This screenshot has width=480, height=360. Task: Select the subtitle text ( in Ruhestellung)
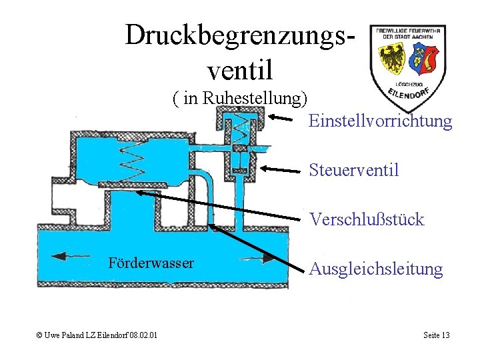click(239, 99)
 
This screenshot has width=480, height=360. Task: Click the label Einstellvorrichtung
click(381, 121)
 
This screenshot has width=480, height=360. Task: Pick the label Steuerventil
click(354, 170)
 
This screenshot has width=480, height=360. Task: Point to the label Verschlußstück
click(366, 220)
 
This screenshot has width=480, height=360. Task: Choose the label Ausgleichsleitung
click(376, 269)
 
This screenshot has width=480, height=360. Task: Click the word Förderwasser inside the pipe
click(151, 263)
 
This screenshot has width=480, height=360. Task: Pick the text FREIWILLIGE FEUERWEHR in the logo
click(408, 31)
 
